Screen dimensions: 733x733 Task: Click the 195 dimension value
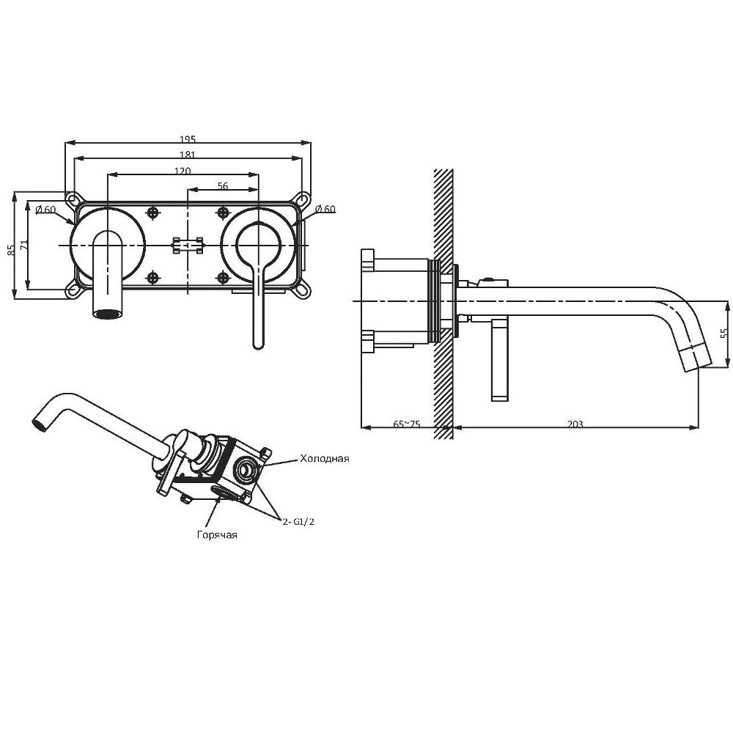[188, 139]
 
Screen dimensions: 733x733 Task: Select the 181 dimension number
[188, 154]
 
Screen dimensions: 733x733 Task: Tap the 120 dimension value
[183, 171]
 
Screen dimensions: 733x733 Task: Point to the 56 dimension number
[223, 186]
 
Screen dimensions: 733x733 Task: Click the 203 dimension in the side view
[575, 424]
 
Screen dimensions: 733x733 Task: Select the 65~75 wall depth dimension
[407, 424]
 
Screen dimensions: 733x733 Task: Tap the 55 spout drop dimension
[725, 333]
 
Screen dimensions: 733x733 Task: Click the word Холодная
[325, 458]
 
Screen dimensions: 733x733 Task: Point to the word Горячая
[217, 535]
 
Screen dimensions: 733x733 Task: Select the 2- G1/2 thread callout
[298, 522]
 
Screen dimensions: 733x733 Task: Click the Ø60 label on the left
[45, 209]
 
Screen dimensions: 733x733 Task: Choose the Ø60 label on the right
[325, 209]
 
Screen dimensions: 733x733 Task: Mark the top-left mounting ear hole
[72, 199]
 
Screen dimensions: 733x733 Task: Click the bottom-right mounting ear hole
[303, 291]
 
